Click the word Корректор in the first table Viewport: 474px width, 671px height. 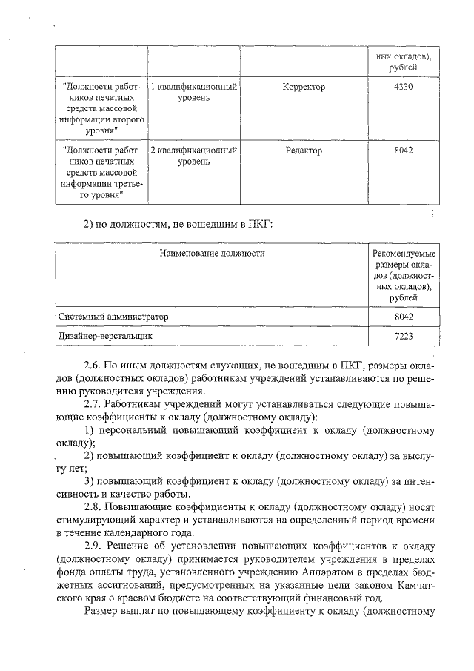click(304, 87)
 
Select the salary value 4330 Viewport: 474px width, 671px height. click(404, 87)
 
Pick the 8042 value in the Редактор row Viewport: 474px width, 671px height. click(404, 150)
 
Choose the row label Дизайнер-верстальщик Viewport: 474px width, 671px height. click(105, 336)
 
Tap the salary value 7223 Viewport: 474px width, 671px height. click(404, 336)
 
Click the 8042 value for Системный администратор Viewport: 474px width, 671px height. click(404, 317)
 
